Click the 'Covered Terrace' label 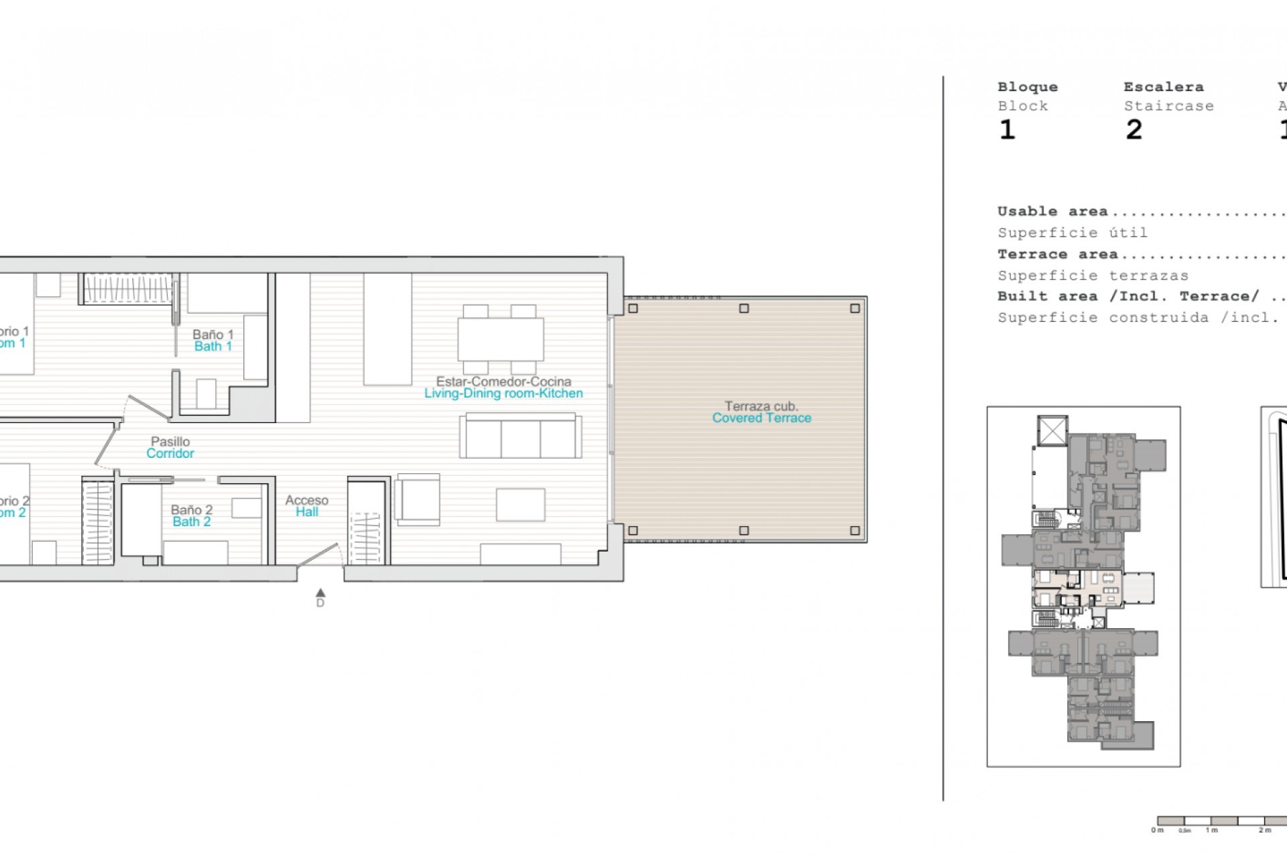click(761, 418)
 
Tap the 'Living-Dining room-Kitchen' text click(503, 393)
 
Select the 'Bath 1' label click(213, 347)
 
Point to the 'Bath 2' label click(192, 522)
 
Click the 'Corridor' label click(170, 454)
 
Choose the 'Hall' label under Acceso click(307, 512)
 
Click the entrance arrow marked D click(320, 593)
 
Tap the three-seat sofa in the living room click(521, 436)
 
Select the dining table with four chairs click(500, 340)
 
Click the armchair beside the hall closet click(418, 499)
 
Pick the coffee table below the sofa click(520, 505)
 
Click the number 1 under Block click(1007, 130)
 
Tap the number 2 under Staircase click(1133, 130)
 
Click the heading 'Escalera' click(1163, 87)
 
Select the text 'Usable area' click(1052, 212)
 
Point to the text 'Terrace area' click(1057, 255)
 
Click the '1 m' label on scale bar click(1211, 831)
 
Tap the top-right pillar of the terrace click(855, 308)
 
